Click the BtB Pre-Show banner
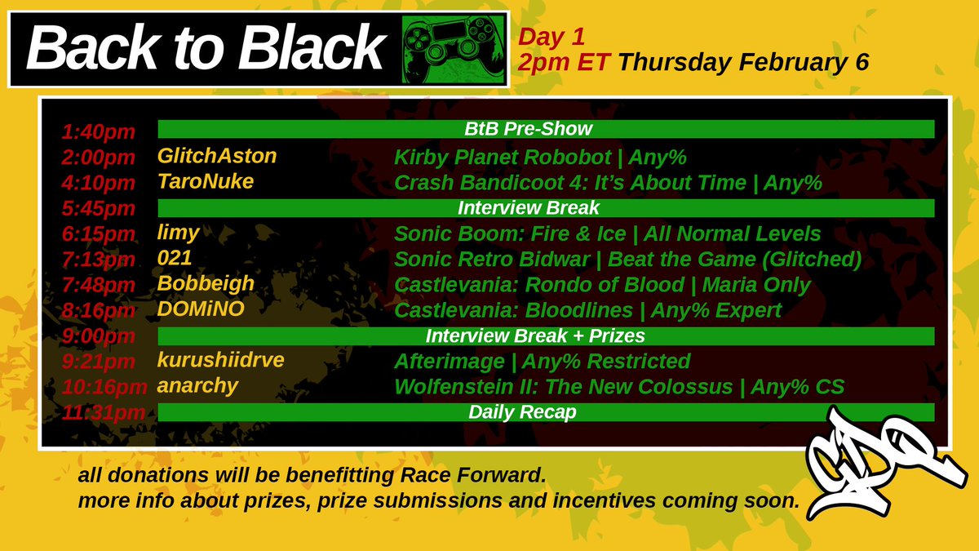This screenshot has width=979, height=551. (545, 129)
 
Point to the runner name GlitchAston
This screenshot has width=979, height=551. (217, 156)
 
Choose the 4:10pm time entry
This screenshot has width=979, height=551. (99, 184)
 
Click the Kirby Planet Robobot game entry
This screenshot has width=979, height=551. (540, 157)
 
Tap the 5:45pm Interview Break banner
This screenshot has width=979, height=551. (545, 207)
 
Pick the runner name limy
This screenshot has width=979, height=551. (178, 233)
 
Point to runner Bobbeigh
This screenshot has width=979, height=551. (206, 284)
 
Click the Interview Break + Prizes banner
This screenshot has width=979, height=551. (545, 336)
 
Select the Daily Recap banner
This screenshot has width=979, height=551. (545, 412)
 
